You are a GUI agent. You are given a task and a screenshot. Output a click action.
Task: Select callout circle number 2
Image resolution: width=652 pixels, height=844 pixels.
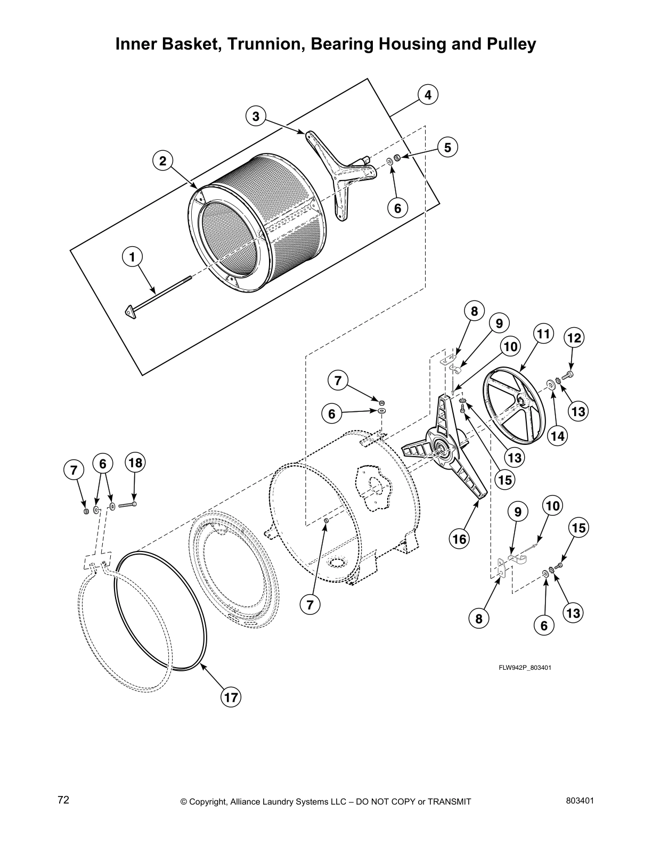(163, 160)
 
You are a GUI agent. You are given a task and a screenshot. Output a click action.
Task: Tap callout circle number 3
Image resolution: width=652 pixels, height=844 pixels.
(256, 116)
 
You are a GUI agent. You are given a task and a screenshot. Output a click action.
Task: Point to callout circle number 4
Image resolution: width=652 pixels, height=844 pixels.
(428, 95)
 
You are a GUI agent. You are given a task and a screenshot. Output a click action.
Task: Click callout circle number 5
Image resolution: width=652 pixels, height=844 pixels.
(447, 147)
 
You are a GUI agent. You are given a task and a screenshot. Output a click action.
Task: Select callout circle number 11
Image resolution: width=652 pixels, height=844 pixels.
(543, 335)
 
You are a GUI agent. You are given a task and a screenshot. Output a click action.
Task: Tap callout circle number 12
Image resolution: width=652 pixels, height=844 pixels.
(574, 338)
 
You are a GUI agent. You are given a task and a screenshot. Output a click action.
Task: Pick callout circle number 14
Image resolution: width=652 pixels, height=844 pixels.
(557, 435)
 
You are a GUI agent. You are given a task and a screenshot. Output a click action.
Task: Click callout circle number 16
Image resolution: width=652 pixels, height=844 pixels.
(459, 539)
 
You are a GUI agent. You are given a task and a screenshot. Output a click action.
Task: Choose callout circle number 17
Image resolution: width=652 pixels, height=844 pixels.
(231, 698)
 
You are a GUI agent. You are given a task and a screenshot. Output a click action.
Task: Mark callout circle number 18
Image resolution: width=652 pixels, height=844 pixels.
(135, 462)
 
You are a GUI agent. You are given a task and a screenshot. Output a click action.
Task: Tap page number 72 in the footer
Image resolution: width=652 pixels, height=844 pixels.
(63, 800)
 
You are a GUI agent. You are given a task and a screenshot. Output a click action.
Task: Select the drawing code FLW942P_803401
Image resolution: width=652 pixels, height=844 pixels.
(525, 667)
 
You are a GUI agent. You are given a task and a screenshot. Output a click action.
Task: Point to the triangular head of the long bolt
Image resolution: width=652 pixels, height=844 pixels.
(131, 312)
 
